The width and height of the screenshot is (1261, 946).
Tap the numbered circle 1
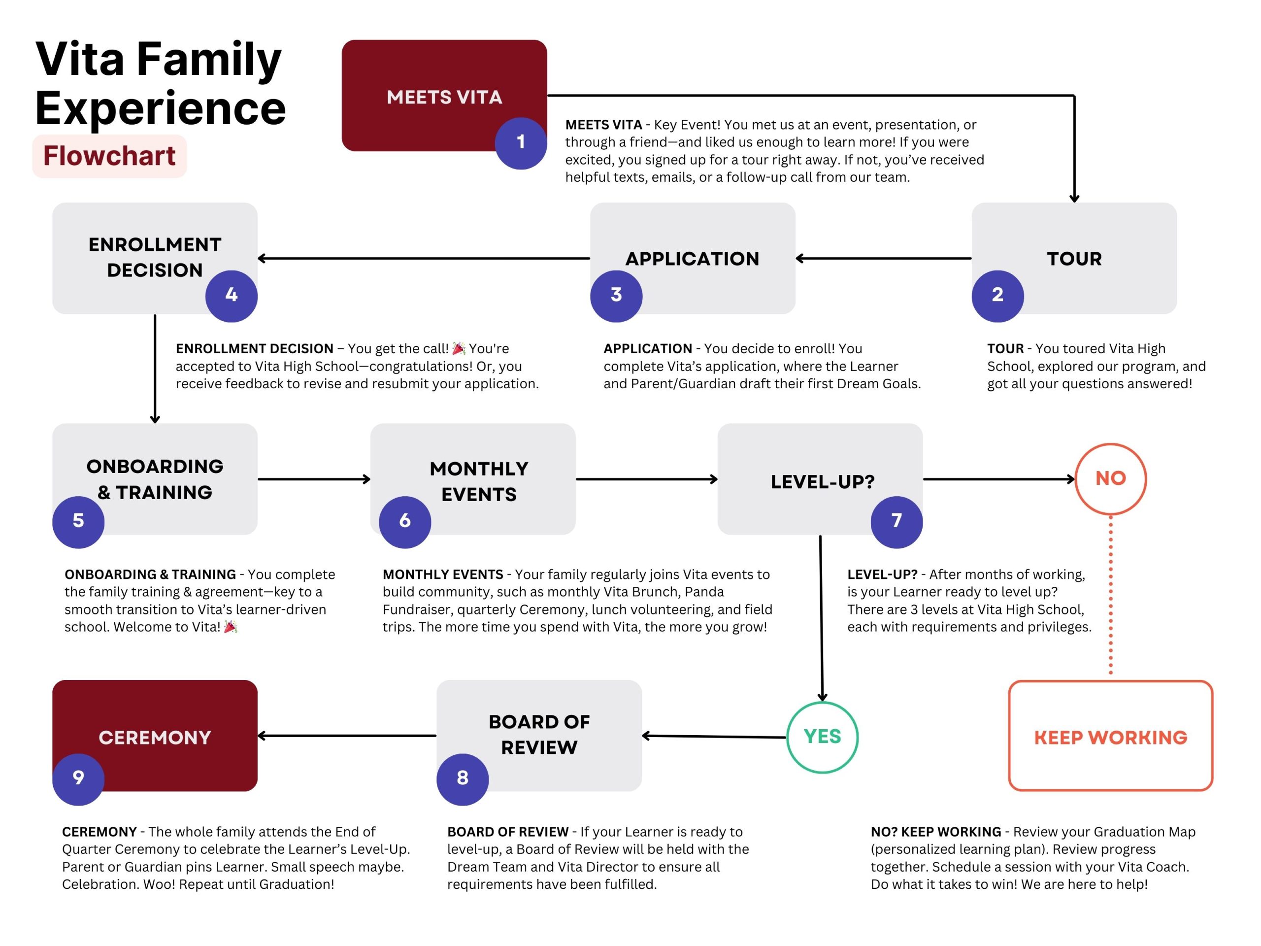coord(521,143)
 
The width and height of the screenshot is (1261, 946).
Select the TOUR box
coord(1074,258)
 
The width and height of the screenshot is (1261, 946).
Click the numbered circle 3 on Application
coord(616,296)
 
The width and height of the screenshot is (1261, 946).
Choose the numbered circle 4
coord(232,296)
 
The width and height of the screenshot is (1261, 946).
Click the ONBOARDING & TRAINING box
coord(155,478)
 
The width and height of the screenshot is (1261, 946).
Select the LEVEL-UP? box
coord(820,478)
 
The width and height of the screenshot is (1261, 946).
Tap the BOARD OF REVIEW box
coord(539,735)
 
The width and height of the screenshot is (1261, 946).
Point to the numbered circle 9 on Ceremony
coord(78,779)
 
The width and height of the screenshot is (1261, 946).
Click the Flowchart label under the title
coord(109,156)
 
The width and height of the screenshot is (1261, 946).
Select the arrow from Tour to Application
coord(884,258)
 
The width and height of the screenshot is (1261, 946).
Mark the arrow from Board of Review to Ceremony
coord(347,736)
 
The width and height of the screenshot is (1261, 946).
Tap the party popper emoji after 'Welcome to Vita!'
coord(231,627)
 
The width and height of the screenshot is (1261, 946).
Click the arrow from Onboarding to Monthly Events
coord(314,479)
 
